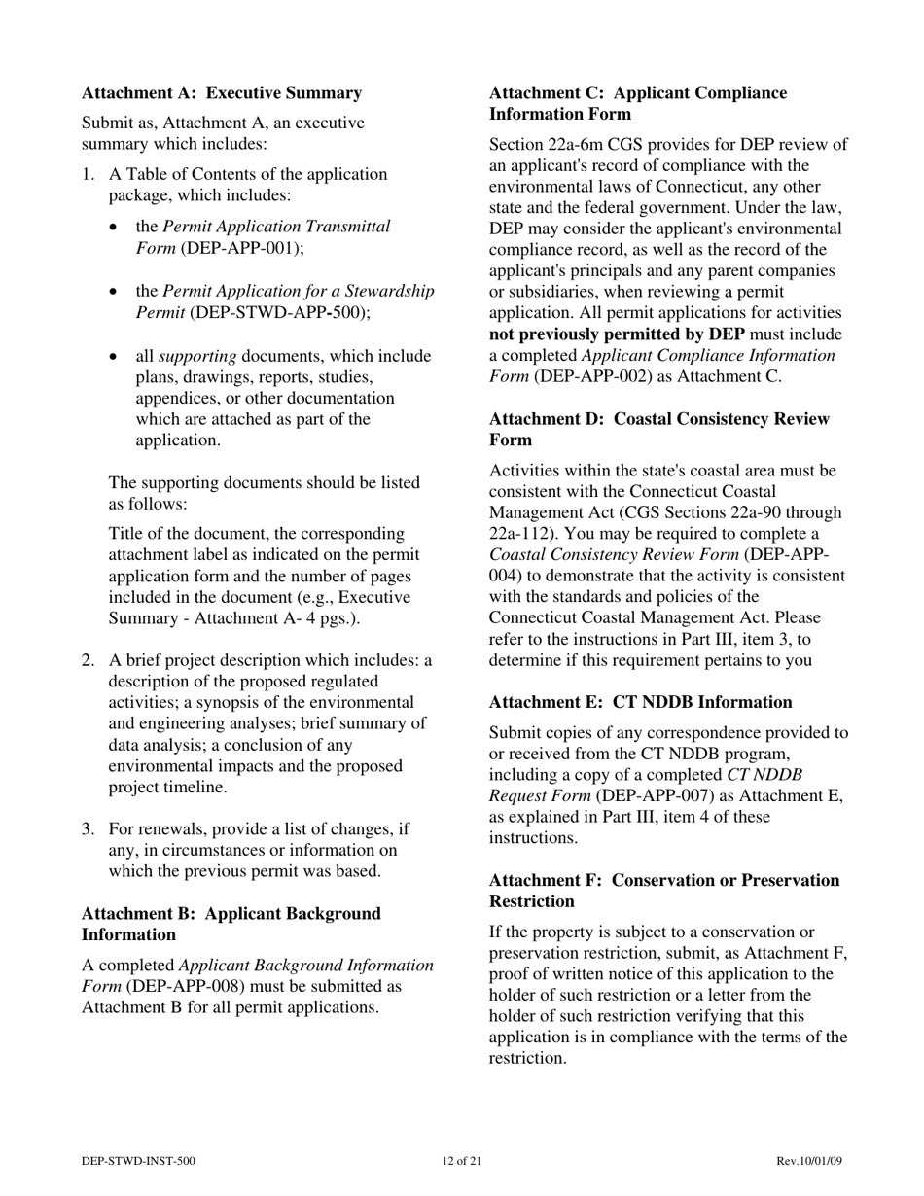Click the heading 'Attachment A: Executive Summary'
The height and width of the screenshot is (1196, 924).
222,93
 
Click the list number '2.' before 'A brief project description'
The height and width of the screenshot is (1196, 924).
88,661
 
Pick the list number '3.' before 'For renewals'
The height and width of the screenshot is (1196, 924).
88,829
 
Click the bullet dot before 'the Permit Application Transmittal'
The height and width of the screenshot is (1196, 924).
115,228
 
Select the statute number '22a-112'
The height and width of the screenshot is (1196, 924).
517,534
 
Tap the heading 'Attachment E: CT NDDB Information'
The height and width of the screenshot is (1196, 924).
640,702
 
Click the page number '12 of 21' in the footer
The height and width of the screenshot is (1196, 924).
461,1161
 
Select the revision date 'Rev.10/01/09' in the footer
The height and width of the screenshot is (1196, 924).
809,1161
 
